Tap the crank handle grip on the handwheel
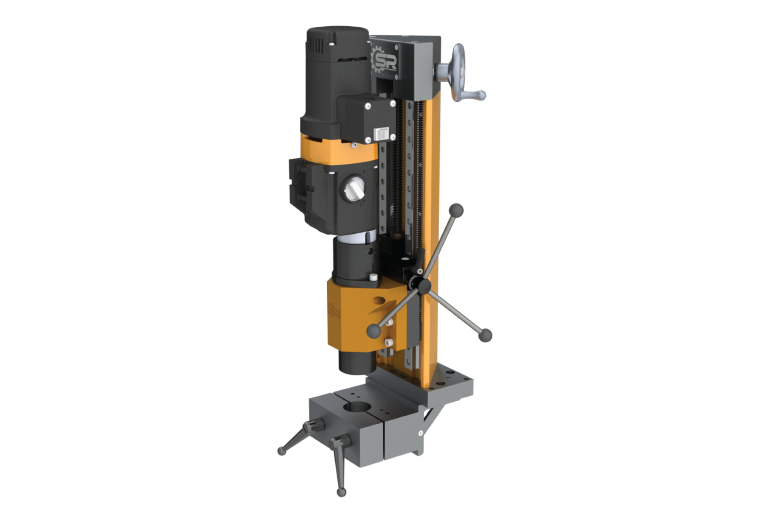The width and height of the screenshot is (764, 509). (x=475, y=95)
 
